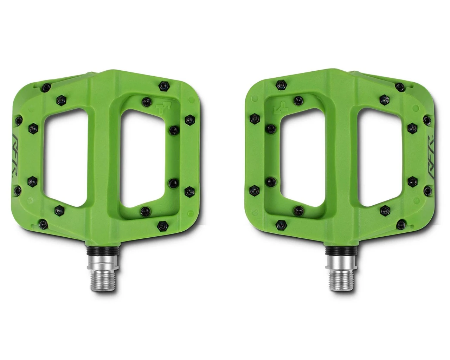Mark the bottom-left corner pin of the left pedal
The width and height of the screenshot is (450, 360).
(x=43, y=223)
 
